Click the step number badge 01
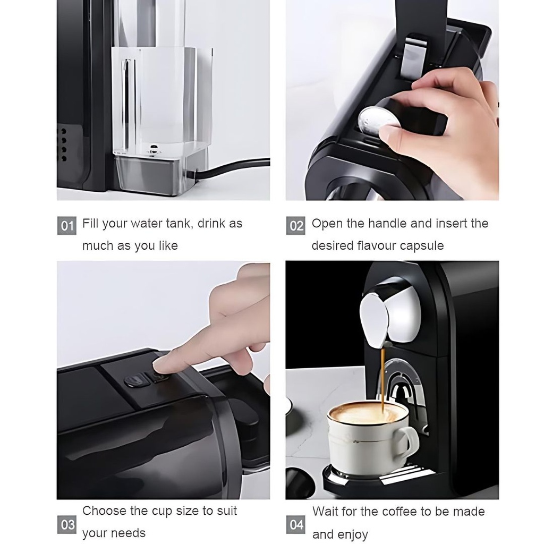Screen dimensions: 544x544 pos(67,226)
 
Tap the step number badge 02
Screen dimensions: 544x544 pos(296,226)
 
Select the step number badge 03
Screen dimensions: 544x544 pos(67,525)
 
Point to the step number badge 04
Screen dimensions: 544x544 pos(296,525)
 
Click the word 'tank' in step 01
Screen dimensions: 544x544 pos(177,224)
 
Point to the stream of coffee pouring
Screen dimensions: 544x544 pos(382,377)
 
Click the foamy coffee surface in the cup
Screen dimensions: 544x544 pos(367,412)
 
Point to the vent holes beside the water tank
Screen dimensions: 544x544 pos(64,143)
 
